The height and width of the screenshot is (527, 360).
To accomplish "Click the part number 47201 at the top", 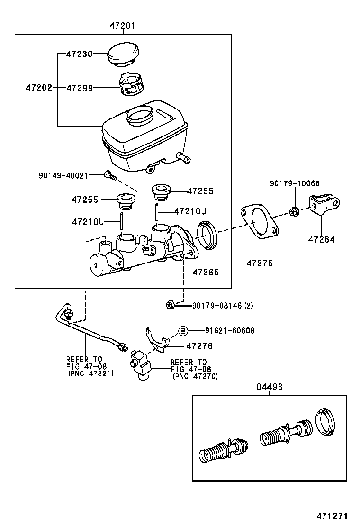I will click(123, 27).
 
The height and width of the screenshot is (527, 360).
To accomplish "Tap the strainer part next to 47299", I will click(131, 84).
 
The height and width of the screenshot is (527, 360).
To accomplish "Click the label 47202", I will click(38, 88).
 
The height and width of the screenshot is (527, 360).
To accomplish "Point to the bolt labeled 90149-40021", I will click(109, 176).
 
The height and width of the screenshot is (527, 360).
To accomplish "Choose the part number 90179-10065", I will click(295, 183).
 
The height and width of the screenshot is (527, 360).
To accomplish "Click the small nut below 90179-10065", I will click(293, 211).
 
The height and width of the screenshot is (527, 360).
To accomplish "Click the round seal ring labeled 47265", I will click(206, 235).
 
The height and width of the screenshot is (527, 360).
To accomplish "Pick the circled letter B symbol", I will click(183, 331).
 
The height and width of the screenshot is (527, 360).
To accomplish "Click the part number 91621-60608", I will click(230, 331).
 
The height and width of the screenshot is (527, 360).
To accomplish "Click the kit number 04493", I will click(270, 387).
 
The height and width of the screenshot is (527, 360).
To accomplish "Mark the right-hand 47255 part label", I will click(200, 191).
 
